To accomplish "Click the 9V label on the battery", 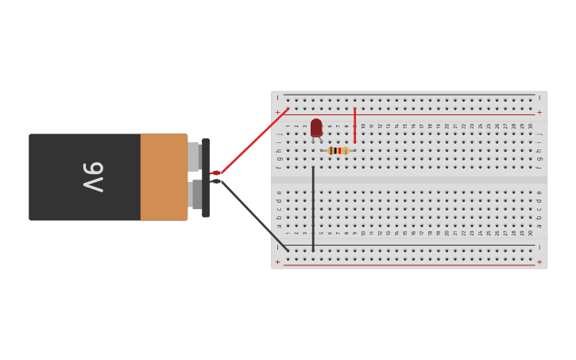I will click(x=93, y=177).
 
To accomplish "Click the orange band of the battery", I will click(x=164, y=177).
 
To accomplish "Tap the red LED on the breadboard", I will click(x=316, y=127).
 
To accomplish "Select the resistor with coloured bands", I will click(x=338, y=150).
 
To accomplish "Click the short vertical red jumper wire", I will click(x=354, y=126).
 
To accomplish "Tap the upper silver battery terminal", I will click(x=193, y=157).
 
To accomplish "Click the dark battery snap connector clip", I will click(x=206, y=177).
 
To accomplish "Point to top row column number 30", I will click(x=531, y=126).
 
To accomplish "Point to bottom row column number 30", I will click(x=531, y=232).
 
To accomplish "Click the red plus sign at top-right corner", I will click(x=539, y=112).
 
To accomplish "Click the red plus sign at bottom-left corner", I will click(x=277, y=261).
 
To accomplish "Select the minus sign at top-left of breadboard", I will click(x=277, y=98).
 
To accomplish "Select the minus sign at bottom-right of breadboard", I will click(x=539, y=248).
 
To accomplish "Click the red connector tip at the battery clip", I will click(x=215, y=172).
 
